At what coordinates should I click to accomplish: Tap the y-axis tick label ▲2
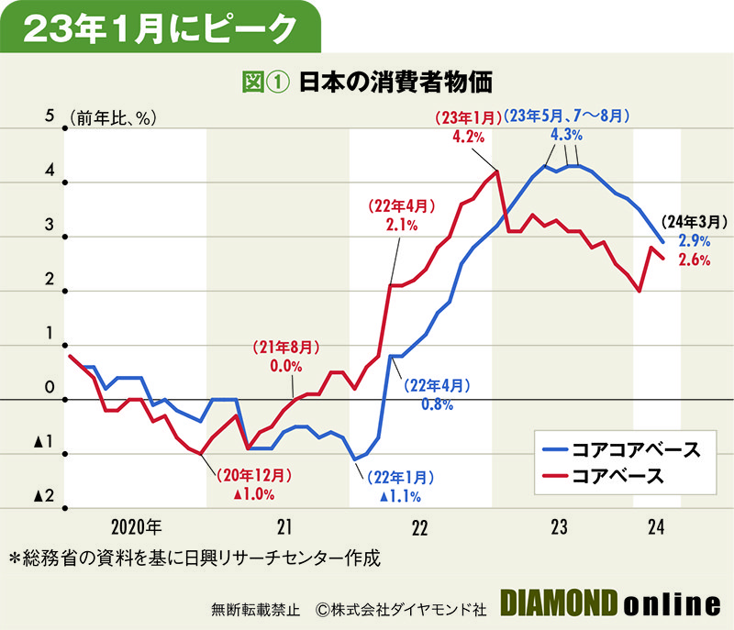pos(43,495)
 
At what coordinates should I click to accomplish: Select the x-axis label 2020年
pos(137,527)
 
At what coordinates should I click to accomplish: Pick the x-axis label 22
pos(419,527)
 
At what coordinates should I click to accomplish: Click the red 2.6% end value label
pos(695,260)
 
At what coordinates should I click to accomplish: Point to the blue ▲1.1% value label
pos(400,497)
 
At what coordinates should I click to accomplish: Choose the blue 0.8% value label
pos(431,404)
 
